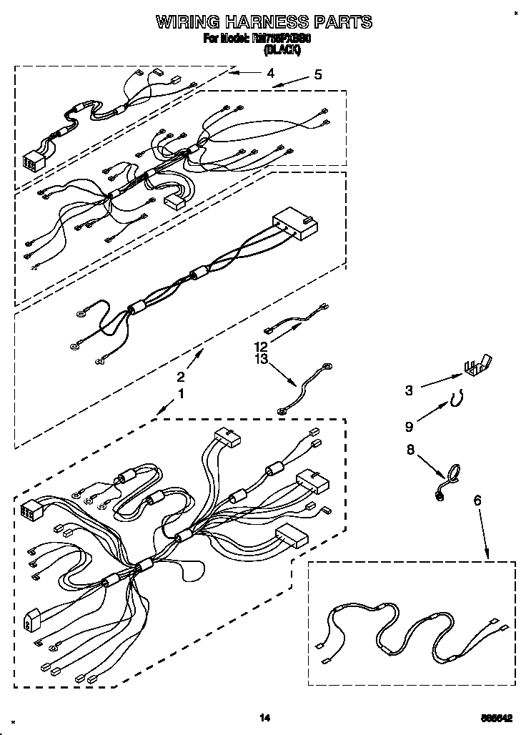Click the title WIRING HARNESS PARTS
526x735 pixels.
[x=264, y=22]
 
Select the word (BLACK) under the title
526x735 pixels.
[x=282, y=49]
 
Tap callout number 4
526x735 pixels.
[x=270, y=72]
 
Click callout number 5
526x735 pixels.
[x=317, y=74]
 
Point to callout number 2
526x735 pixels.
[x=181, y=377]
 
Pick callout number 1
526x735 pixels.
[x=181, y=393]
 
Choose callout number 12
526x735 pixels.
[x=262, y=346]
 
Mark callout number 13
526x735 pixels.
[x=262, y=359]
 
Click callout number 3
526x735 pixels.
[x=409, y=390]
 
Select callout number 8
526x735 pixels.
[x=410, y=450]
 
